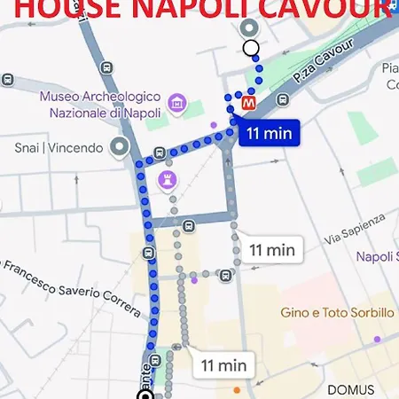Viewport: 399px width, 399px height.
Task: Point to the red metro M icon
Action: [x=249, y=103]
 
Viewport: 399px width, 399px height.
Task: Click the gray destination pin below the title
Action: [x=251, y=28]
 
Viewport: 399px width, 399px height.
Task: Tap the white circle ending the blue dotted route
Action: [x=251, y=48]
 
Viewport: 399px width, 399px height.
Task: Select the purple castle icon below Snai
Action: [x=167, y=181]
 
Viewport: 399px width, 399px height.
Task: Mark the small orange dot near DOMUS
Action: [x=236, y=389]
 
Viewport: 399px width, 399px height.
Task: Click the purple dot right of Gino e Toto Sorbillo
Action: [x=378, y=340]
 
